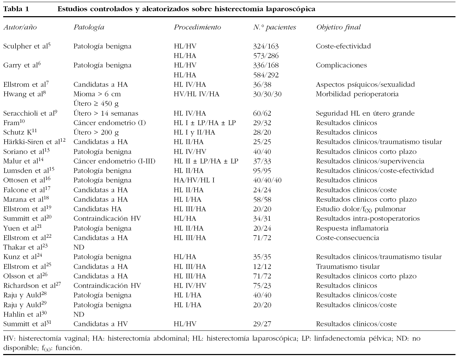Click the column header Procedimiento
tap(197, 27)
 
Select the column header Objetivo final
tap(338, 27)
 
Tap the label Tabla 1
tap(16, 9)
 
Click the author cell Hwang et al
tap(25, 94)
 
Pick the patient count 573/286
tap(266, 56)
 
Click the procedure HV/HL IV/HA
tap(196, 94)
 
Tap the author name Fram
tap(13, 123)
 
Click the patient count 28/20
tap(262, 133)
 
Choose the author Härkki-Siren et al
tap(34, 142)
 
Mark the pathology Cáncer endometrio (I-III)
tap(114, 161)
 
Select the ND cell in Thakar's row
tap(79, 247)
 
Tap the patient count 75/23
tap(262, 286)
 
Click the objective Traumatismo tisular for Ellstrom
tap(348, 266)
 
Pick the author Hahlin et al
tap(25, 314)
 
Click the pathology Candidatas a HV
tap(101, 324)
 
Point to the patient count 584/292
tap(266, 75)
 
